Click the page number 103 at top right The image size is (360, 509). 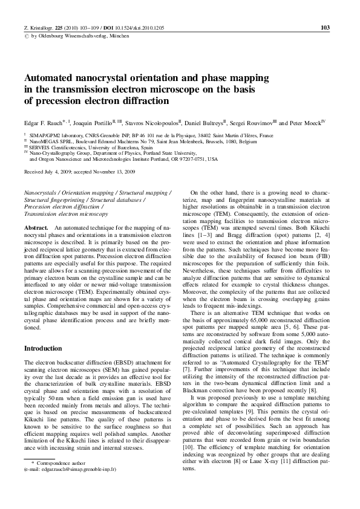[324, 28]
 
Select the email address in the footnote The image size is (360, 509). [74, 468]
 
